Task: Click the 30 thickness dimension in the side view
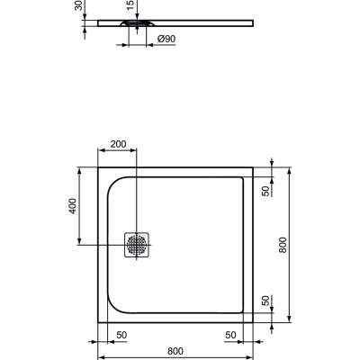point(78,7)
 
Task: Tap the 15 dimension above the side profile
point(130,7)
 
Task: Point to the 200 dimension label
point(119,145)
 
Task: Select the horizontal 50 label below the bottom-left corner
point(120,335)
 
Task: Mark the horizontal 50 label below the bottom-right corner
point(230,335)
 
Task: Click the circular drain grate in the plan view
point(137,243)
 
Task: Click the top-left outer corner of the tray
point(98,165)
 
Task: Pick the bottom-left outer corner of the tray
point(98,322)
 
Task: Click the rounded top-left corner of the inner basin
point(115,183)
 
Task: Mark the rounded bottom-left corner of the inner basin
point(115,305)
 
